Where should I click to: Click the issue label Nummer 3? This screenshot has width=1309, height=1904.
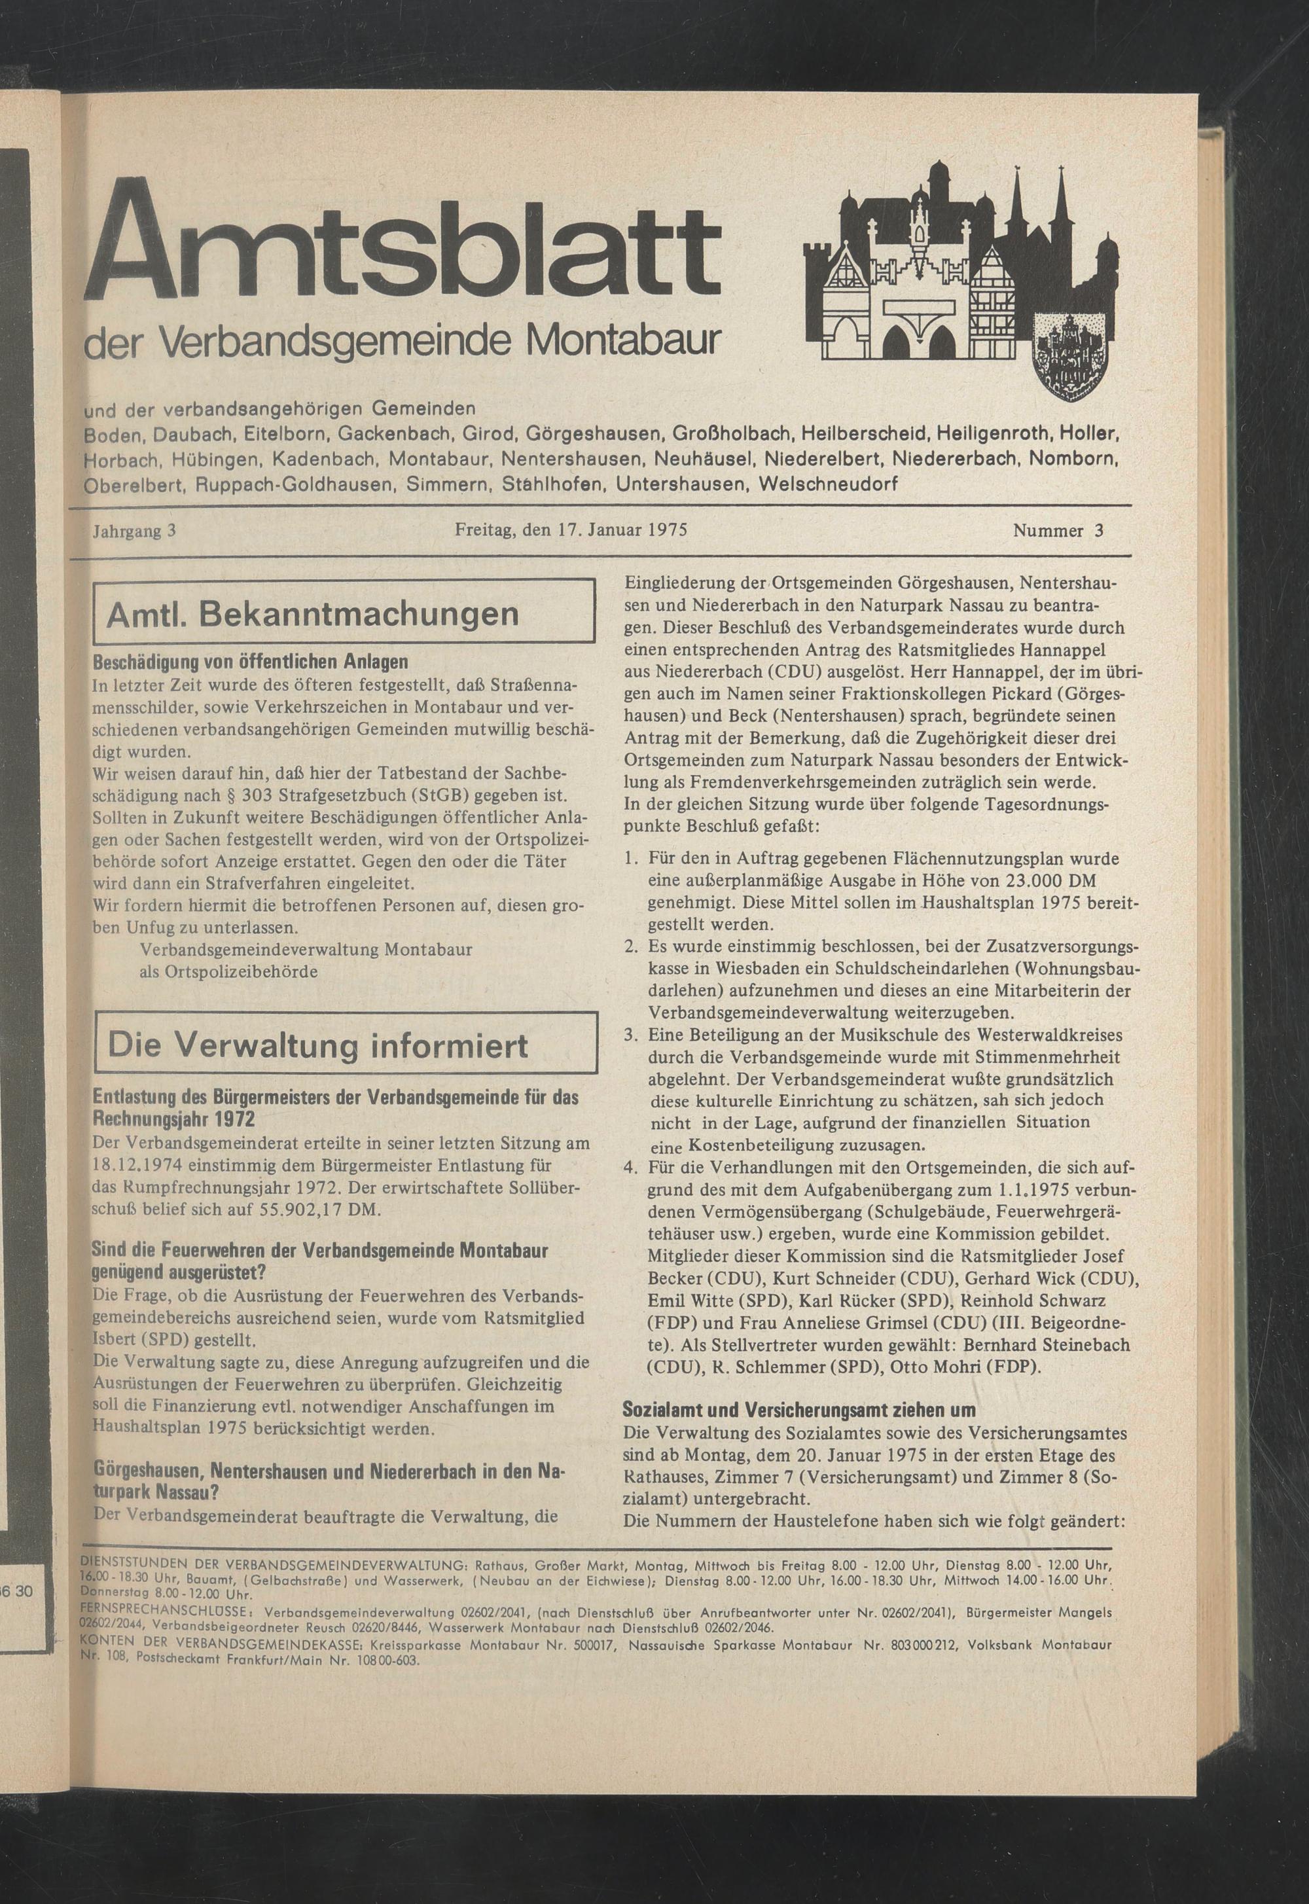[1058, 531]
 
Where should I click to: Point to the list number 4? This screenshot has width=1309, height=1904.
[630, 1167]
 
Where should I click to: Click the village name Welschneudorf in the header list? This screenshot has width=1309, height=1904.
[829, 484]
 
